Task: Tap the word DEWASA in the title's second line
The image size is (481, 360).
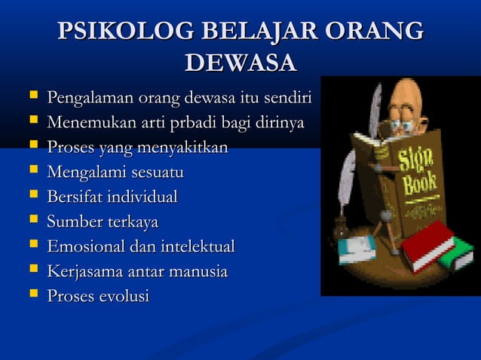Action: [x=240, y=63]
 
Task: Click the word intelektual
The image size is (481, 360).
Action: [x=198, y=246]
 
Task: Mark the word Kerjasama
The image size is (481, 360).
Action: [x=82, y=271]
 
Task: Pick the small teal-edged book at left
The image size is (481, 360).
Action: [x=356, y=249]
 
